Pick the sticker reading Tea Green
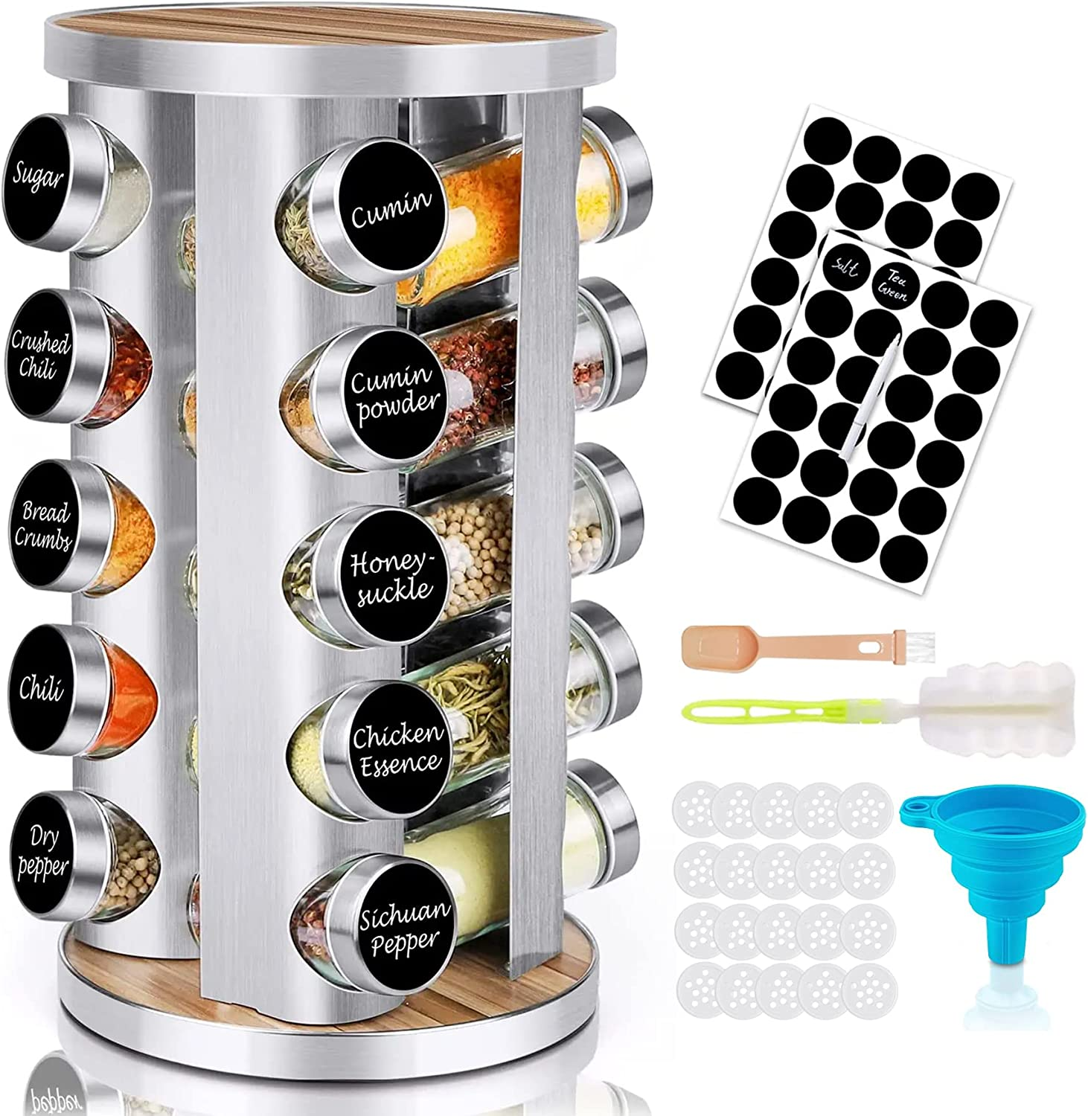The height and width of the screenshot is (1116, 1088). point(892,282)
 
